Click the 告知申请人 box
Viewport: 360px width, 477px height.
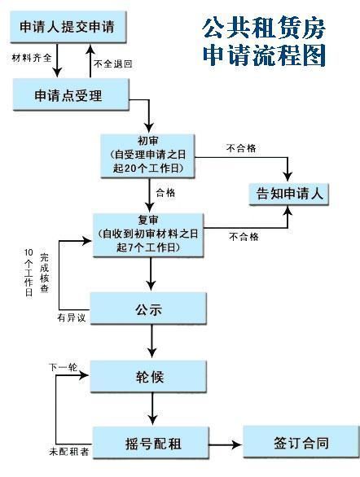click(290, 195)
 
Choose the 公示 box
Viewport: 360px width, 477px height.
click(148, 310)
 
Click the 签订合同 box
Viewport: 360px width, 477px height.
click(301, 444)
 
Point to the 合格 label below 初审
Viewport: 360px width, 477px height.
click(165, 193)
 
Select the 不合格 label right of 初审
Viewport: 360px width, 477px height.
click(241, 147)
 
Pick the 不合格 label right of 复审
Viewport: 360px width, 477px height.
click(244, 237)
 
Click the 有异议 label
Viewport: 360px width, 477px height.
click(71, 317)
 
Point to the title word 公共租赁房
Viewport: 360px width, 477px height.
click(264, 28)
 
